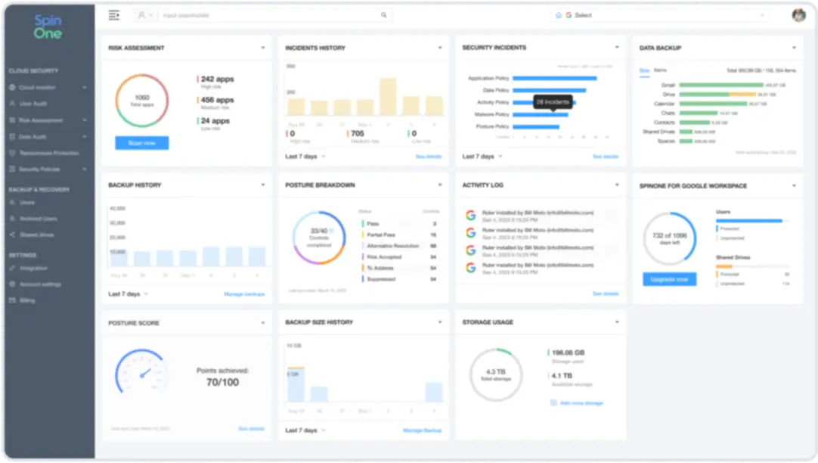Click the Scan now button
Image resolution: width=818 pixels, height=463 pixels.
[x=141, y=143]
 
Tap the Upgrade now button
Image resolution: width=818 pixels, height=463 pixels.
[x=669, y=279]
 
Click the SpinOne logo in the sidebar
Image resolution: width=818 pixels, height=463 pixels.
[x=48, y=27]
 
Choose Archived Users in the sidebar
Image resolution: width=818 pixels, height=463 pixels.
[x=39, y=219]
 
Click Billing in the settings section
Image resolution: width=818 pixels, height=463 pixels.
[x=27, y=300]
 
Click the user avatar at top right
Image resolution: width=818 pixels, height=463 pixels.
[x=798, y=15]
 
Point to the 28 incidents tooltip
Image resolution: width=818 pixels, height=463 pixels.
[x=552, y=101]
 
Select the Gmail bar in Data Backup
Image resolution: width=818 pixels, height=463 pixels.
[x=720, y=85]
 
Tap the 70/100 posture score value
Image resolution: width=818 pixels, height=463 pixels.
[x=222, y=383]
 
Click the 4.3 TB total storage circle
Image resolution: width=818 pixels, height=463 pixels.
[x=496, y=374]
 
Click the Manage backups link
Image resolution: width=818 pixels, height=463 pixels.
[x=244, y=294]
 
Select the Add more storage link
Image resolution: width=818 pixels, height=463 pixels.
[x=581, y=403]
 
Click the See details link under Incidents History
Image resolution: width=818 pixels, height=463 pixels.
[x=429, y=157]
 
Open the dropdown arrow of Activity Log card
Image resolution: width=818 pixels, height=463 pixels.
[x=617, y=185]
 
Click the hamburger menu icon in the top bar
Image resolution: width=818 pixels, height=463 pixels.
[x=114, y=15]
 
